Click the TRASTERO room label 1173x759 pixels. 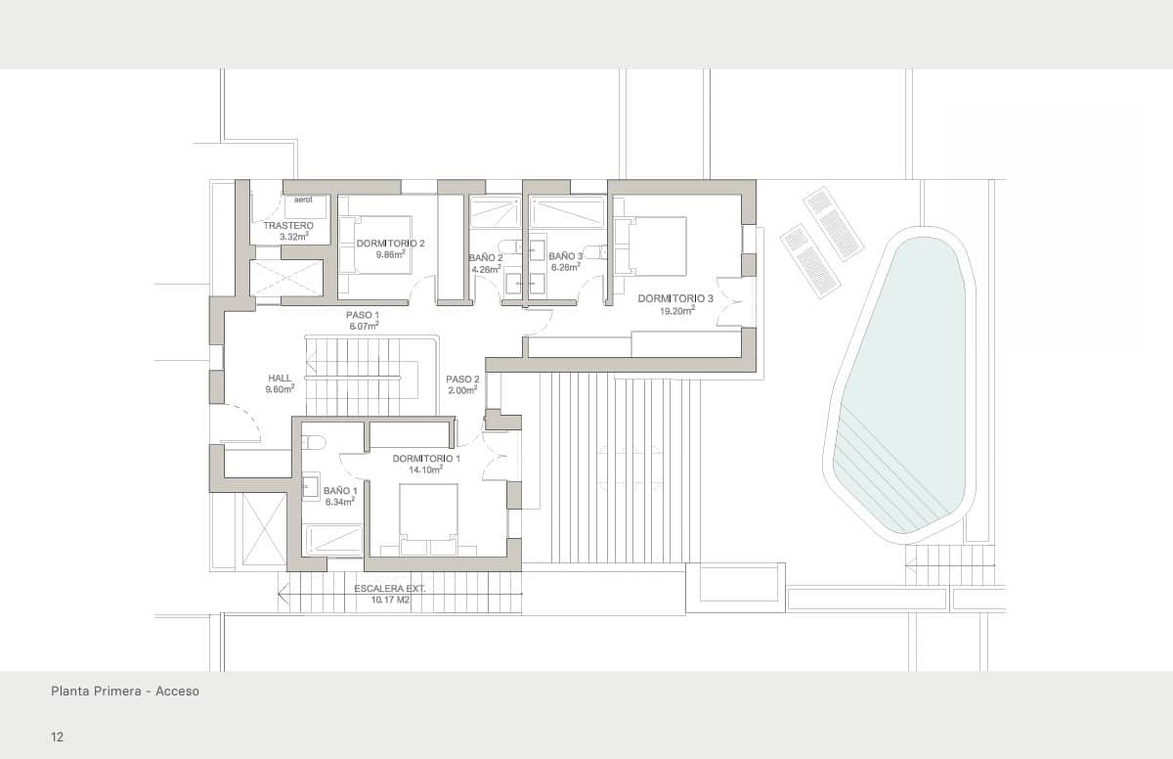coord(288,226)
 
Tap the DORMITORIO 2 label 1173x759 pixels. coord(391,244)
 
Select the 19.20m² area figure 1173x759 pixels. coord(675,310)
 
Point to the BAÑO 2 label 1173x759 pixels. coord(486,258)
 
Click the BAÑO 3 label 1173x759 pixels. coord(566,256)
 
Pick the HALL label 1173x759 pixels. coord(280,379)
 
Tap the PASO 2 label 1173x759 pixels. coord(462,379)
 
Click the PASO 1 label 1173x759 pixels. coord(363,315)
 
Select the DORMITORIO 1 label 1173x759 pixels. coord(426,459)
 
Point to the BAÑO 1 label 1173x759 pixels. coord(340,491)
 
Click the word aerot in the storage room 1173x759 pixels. coord(303,200)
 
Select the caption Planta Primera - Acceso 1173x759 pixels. coord(125,692)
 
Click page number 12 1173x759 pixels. coord(58,737)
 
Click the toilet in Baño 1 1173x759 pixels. coord(313,442)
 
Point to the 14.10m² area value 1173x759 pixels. coord(426,469)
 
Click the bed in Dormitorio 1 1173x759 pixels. coord(428,513)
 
